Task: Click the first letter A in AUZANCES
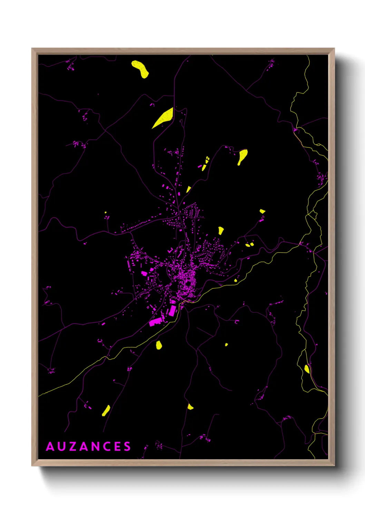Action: click(x=50, y=446)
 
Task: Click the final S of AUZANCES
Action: click(x=128, y=446)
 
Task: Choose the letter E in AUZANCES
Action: click(x=117, y=446)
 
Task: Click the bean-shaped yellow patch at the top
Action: click(x=140, y=69)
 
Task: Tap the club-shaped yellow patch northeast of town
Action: click(x=243, y=156)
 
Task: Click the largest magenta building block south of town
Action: click(x=155, y=321)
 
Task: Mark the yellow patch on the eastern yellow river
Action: click(x=307, y=369)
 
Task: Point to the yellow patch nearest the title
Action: click(x=106, y=411)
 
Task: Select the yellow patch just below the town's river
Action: click(x=159, y=345)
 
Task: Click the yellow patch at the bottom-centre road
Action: click(x=190, y=406)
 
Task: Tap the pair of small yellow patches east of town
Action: click(x=249, y=245)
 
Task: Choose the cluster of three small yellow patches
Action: click(x=205, y=163)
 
